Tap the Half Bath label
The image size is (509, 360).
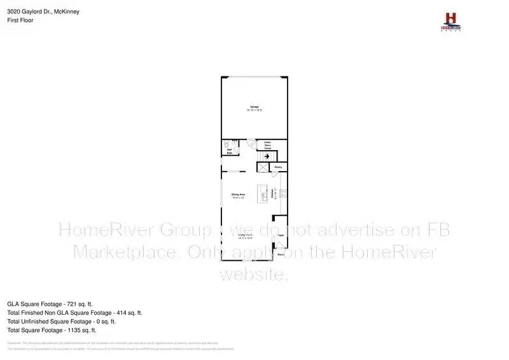228,151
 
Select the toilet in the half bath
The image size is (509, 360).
227,144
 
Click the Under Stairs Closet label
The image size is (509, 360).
268,146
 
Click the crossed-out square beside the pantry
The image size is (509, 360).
263,167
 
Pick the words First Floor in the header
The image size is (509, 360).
20,20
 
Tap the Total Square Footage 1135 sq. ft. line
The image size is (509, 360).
52,330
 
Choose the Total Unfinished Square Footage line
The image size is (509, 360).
61,321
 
